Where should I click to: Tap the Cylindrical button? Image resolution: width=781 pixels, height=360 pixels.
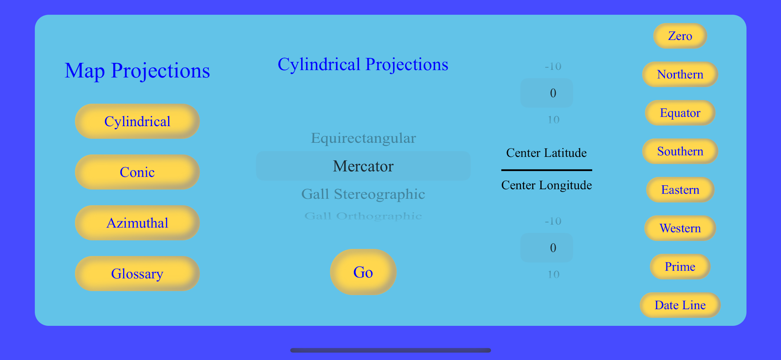point(137,121)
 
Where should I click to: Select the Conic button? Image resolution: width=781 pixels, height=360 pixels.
point(137,172)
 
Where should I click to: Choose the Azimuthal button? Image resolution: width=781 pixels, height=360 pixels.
point(137,223)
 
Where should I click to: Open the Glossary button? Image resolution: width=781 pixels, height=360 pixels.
point(137,274)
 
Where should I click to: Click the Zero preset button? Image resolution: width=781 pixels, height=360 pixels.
point(680,36)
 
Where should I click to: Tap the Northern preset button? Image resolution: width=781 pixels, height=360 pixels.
point(680,74)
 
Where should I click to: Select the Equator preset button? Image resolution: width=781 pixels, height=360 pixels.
point(680,113)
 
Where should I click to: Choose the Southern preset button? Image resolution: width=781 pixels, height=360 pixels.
point(680,151)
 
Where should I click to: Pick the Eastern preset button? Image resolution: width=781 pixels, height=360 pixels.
point(680,190)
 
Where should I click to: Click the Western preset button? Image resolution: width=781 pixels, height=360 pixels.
point(680,228)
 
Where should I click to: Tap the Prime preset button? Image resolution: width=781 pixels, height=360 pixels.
point(680,267)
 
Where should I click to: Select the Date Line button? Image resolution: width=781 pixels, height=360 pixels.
point(680,305)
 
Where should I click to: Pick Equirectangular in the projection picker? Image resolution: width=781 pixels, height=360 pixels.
point(363,138)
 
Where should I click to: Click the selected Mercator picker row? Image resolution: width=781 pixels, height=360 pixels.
point(363,166)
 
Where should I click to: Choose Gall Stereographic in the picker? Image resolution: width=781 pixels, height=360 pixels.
point(363,194)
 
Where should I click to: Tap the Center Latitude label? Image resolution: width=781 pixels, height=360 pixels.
point(546,153)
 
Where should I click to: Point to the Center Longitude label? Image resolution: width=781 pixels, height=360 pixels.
point(546,185)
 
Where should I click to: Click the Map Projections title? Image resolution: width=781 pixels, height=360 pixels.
point(137,71)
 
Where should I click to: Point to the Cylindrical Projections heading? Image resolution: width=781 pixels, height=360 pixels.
point(363,64)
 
